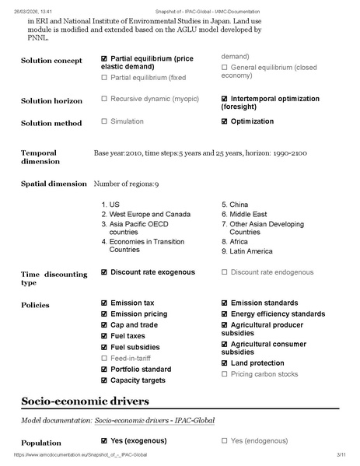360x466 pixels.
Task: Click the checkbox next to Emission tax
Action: coord(104,303)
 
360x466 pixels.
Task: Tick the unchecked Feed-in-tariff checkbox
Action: coord(104,358)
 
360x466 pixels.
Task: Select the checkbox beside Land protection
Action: coord(225,363)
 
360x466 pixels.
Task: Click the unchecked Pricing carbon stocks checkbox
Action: coord(225,374)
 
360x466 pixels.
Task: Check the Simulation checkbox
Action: coord(104,121)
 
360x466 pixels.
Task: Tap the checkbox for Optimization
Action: coord(225,121)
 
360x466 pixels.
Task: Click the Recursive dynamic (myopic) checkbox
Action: coord(104,99)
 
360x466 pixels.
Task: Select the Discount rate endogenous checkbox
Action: coord(225,272)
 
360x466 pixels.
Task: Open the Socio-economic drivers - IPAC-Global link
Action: coord(154,420)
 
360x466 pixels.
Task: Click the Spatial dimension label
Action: coord(54,184)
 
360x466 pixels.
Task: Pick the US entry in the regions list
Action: coord(114,205)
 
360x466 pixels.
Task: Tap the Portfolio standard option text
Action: coord(141,369)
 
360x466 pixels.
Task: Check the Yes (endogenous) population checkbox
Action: coord(225,440)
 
